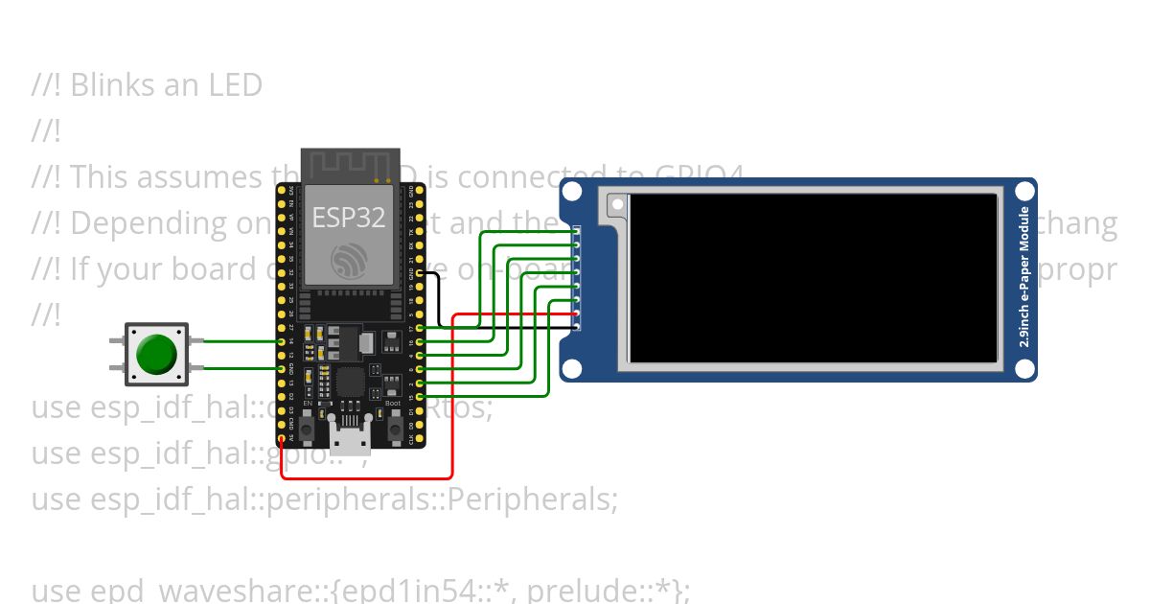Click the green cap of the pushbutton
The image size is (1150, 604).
coord(155,354)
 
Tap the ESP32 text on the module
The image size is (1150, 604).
coord(349,217)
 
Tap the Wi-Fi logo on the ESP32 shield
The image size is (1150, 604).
coord(349,260)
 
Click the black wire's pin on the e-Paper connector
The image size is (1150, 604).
coord(577,328)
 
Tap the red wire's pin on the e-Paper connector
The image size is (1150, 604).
coord(577,315)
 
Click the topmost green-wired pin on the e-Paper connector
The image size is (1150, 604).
coord(577,231)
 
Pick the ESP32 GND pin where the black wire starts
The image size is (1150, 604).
coord(419,273)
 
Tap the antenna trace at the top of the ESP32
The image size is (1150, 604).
coord(350,163)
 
